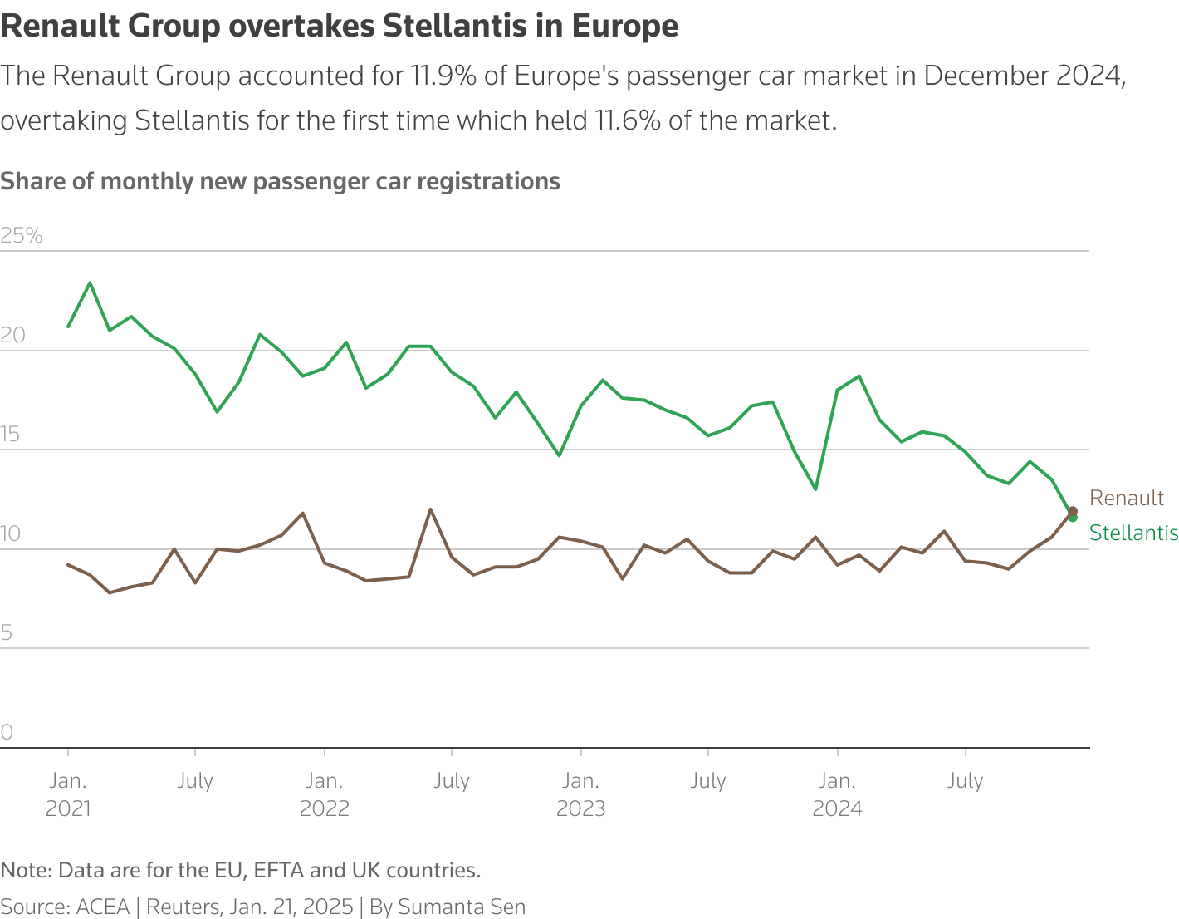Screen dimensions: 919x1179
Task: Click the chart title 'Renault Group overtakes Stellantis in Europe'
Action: pyautogui.click(x=339, y=27)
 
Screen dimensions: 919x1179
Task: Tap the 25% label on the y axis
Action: pyautogui.click(x=22, y=236)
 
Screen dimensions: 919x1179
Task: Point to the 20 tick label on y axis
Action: pyautogui.click(x=13, y=336)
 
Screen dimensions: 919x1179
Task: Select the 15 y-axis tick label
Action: pyautogui.click(x=12, y=435)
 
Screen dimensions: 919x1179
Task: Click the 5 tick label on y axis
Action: pyautogui.click(x=7, y=633)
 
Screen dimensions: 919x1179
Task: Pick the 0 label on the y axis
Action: pyautogui.click(x=7, y=732)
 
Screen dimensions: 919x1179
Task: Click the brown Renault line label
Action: pyautogui.click(x=1126, y=498)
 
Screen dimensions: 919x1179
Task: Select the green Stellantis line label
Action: pyautogui.click(x=1133, y=533)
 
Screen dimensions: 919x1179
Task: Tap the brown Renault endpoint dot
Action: pyautogui.click(x=1072, y=511)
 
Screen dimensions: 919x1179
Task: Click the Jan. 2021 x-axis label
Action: pyautogui.click(x=68, y=794)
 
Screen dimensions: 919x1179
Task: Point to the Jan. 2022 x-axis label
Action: pyautogui.click(x=324, y=794)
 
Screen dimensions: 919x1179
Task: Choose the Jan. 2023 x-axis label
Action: pyautogui.click(x=580, y=794)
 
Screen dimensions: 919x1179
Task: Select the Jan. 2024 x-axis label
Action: pyautogui.click(x=837, y=794)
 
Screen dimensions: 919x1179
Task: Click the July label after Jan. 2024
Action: pyautogui.click(x=965, y=781)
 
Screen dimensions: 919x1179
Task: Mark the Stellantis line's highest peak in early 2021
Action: pyautogui.click(x=90, y=283)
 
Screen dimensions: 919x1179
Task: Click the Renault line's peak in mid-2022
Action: pyautogui.click(x=430, y=509)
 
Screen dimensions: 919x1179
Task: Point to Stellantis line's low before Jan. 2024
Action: pyautogui.click(x=815, y=489)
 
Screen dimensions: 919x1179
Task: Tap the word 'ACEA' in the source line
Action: pyautogui.click(x=103, y=907)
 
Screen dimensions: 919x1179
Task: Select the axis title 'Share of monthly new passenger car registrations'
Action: pyautogui.click(x=280, y=181)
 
